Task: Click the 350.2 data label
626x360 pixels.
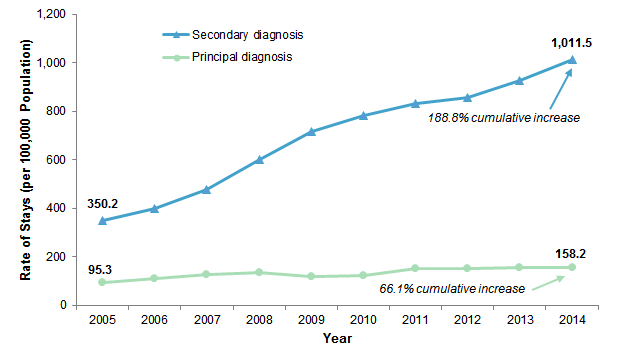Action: tap(100, 201)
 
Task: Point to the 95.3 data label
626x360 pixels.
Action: tap(99, 270)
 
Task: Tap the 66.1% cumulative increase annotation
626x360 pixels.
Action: tap(452, 288)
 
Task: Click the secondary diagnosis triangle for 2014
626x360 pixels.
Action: tap(571, 60)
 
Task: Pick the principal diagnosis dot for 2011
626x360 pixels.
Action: tap(414, 268)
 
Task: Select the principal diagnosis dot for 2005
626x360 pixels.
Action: tap(101, 282)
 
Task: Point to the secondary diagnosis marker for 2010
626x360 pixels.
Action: tap(362, 116)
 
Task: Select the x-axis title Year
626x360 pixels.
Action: tap(336, 339)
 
